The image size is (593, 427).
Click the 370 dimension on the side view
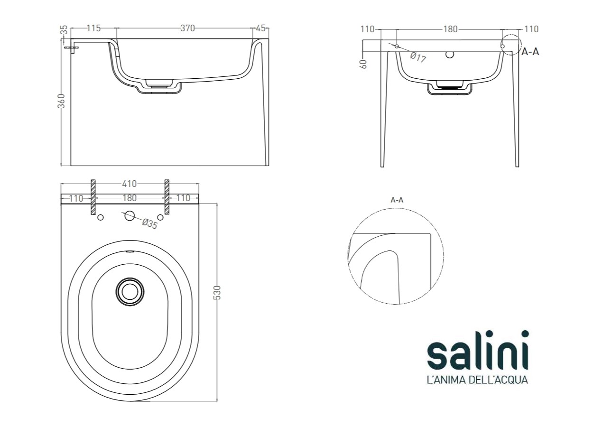[x=187, y=28]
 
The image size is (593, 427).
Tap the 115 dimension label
[x=94, y=28]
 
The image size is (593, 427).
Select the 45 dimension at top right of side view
[x=261, y=28]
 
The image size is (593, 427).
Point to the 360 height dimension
[x=61, y=101]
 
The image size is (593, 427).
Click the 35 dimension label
[x=64, y=30]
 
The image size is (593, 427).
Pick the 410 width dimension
[x=130, y=184]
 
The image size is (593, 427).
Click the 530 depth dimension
[x=217, y=293]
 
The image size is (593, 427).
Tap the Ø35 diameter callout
[x=150, y=224]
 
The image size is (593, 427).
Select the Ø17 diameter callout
[x=418, y=57]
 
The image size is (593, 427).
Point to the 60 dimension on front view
[x=364, y=64]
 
